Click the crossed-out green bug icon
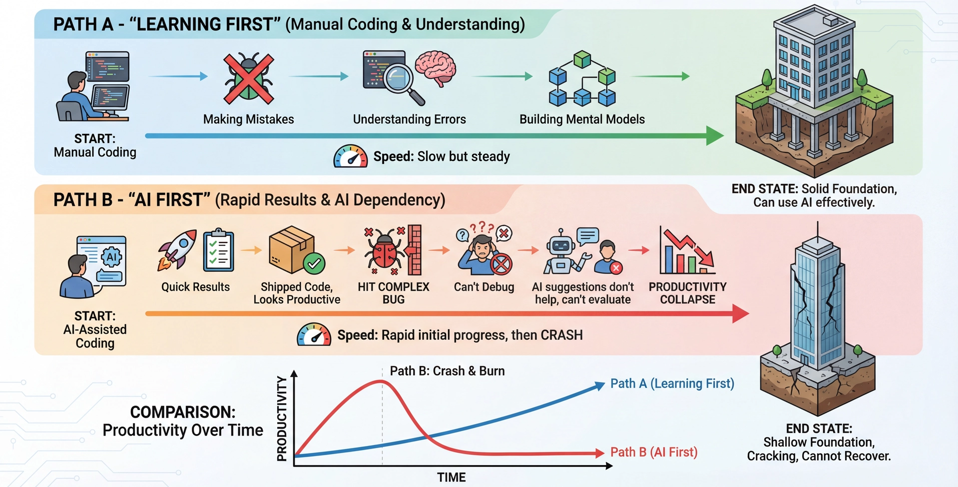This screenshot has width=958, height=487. point(249,78)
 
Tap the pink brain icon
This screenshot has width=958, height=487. point(436,67)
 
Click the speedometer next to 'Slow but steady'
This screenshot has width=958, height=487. point(350,156)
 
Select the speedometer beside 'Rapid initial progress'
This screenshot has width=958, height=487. point(314,335)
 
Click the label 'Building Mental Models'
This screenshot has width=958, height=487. point(582,119)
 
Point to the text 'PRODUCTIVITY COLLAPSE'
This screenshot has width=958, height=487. point(687,293)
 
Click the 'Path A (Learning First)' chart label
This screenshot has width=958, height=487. point(672,384)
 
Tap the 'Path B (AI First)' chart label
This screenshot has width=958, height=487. point(654,452)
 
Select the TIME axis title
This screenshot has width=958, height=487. point(452,478)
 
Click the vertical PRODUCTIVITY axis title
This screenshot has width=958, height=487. point(282,419)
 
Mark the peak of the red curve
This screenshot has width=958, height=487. point(382,381)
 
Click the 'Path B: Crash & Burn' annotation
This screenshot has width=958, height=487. point(447,371)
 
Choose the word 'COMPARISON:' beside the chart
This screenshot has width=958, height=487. point(183,412)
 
